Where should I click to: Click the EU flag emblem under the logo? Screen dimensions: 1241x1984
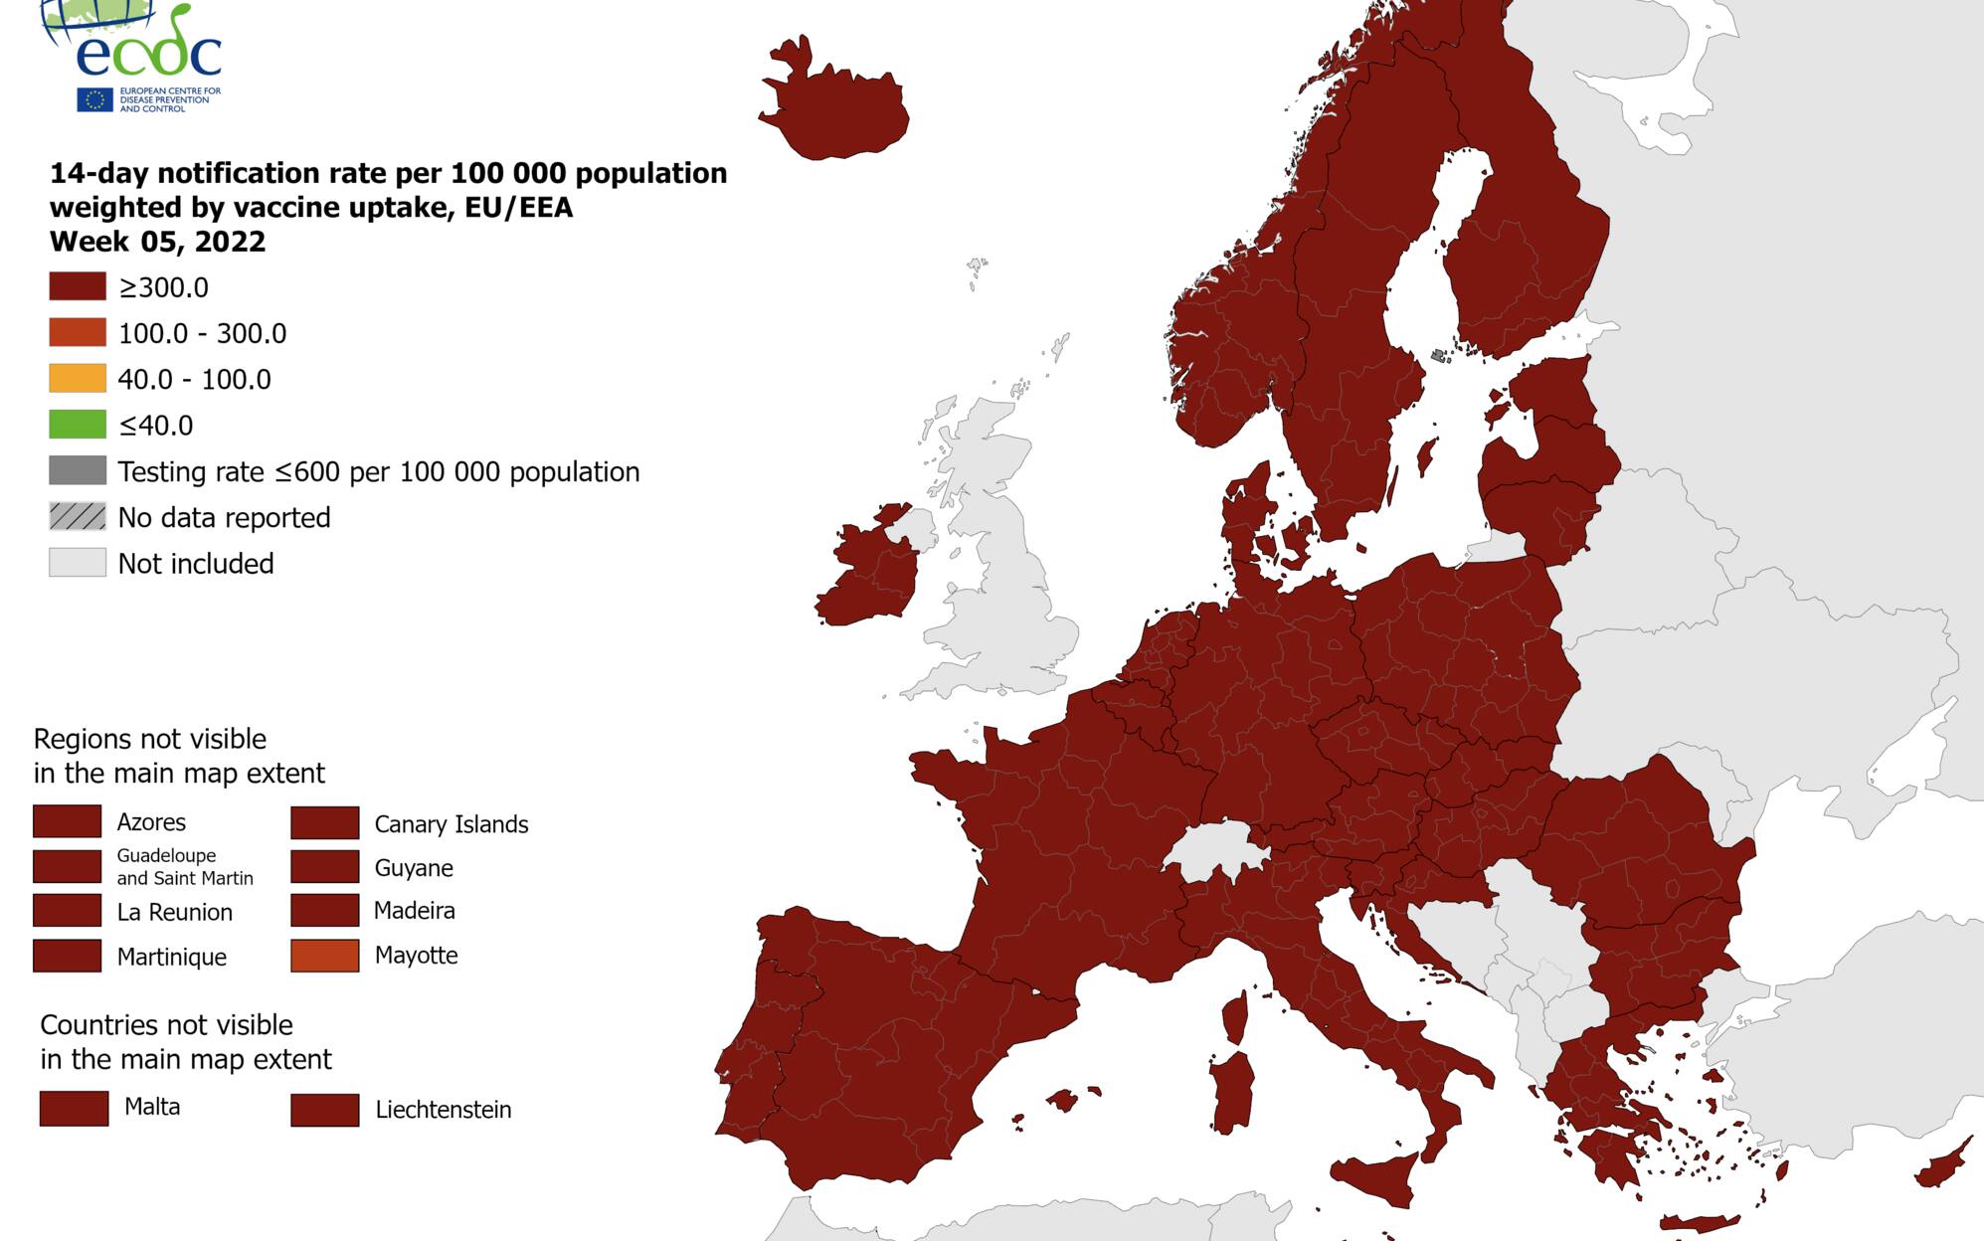[x=94, y=99]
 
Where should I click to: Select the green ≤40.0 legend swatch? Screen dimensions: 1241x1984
[x=78, y=425]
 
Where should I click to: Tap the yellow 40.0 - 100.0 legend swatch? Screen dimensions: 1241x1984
[x=78, y=379]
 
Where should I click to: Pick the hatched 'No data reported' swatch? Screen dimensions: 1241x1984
[x=78, y=517]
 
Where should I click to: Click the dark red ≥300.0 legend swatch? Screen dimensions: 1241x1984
[x=78, y=287]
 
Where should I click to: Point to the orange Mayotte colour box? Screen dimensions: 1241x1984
[x=324, y=956]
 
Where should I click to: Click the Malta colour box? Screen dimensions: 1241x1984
[x=74, y=1108]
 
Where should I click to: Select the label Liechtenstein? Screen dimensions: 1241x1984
[x=443, y=1110]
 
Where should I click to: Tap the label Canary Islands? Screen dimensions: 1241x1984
[x=451, y=824]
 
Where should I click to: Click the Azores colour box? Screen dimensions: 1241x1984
[x=67, y=821]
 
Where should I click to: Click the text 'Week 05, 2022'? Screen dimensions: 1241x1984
[x=157, y=242]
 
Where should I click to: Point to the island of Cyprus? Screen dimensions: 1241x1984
[x=1944, y=1167]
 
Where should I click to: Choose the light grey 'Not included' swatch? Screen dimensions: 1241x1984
[x=78, y=563]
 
